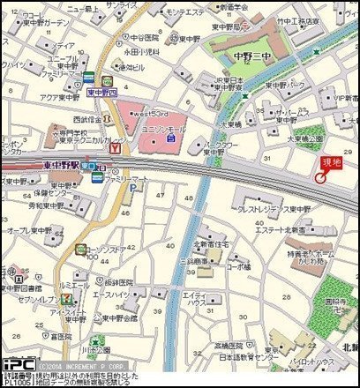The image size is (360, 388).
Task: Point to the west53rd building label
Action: click(x=148, y=114)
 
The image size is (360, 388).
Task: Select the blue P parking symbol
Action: click(x=133, y=188)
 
